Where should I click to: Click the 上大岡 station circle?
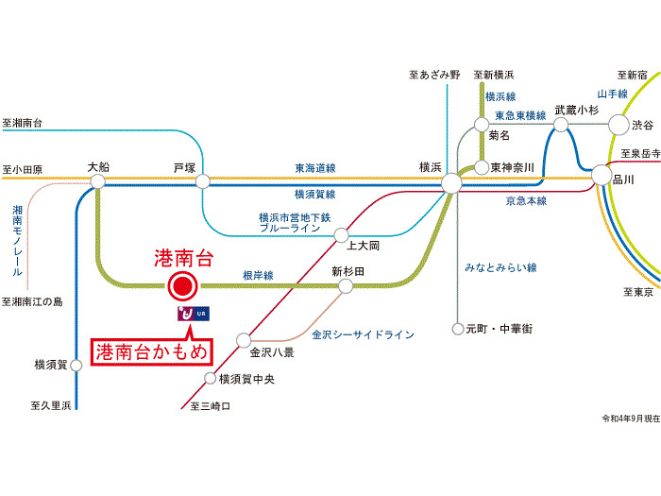point(341,233)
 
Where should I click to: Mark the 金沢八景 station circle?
point(245,338)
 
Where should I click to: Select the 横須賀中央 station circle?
point(211,379)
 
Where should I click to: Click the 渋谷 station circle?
point(618,124)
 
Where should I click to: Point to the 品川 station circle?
point(602,175)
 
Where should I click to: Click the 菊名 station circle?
point(482,124)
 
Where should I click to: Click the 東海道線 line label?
point(314,168)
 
